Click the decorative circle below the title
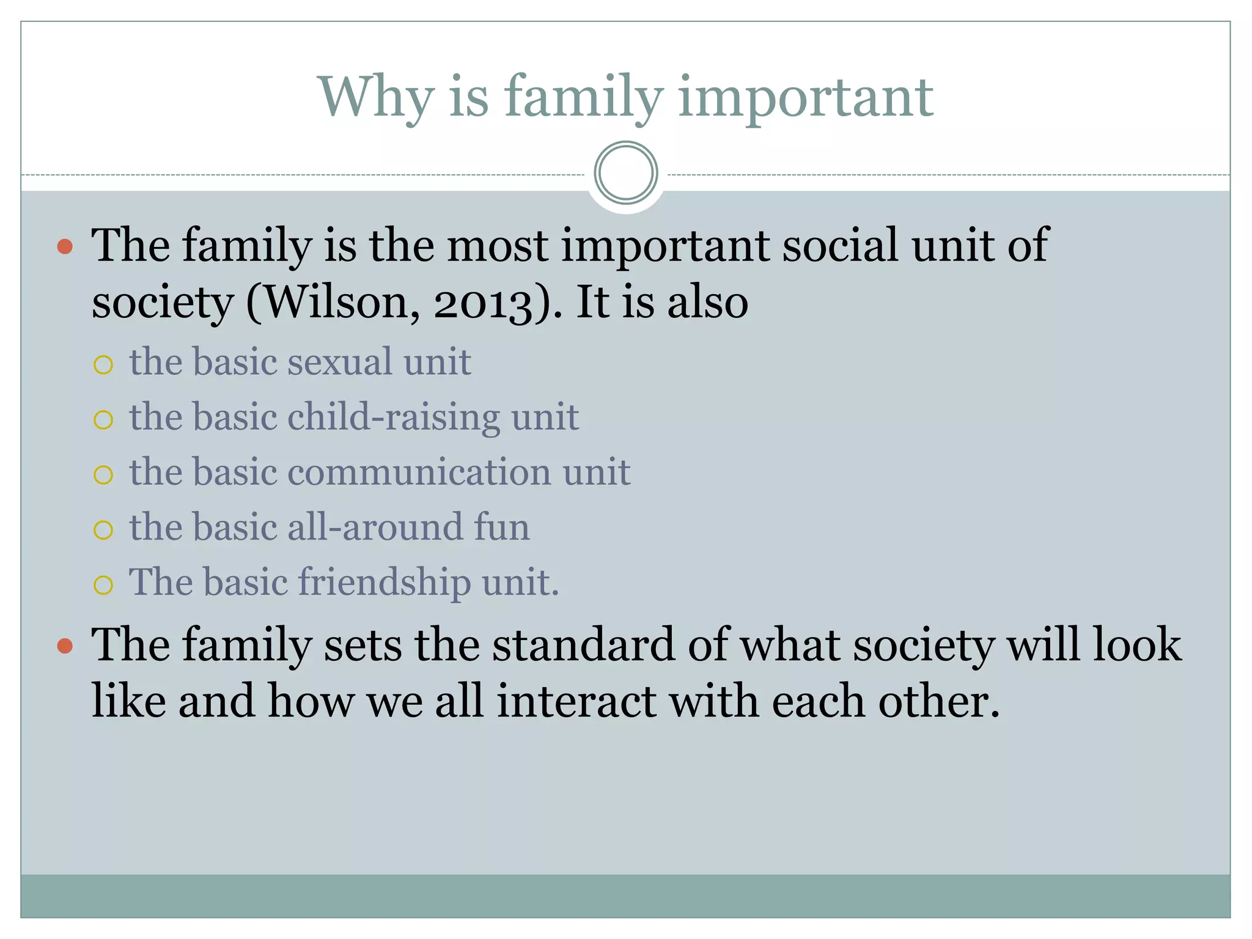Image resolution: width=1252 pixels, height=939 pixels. [x=625, y=173]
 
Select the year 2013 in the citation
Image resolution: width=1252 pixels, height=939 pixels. [x=483, y=303]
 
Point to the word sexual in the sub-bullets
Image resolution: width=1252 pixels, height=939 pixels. [x=340, y=361]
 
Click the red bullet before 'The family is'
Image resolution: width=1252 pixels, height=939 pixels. [x=65, y=247]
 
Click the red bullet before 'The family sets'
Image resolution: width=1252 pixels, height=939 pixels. [x=65, y=646]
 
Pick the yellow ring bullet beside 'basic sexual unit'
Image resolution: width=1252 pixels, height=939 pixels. [x=103, y=365]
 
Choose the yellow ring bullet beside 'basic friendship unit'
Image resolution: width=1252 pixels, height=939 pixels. [x=103, y=585]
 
